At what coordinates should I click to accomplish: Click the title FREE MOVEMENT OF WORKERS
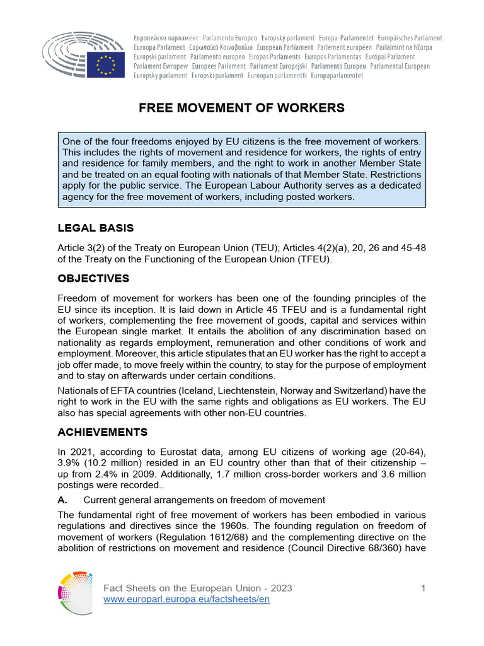coord(241,108)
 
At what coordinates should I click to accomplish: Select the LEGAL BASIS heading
coord(95,228)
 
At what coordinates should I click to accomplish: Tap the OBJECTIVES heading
coord(93,278)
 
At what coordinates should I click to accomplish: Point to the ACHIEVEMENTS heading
coord(103,432)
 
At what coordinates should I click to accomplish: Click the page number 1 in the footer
coord(423,588)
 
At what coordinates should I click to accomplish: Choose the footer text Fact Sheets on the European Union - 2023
coord(197,588)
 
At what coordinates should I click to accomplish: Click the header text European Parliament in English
coord(285,47)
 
